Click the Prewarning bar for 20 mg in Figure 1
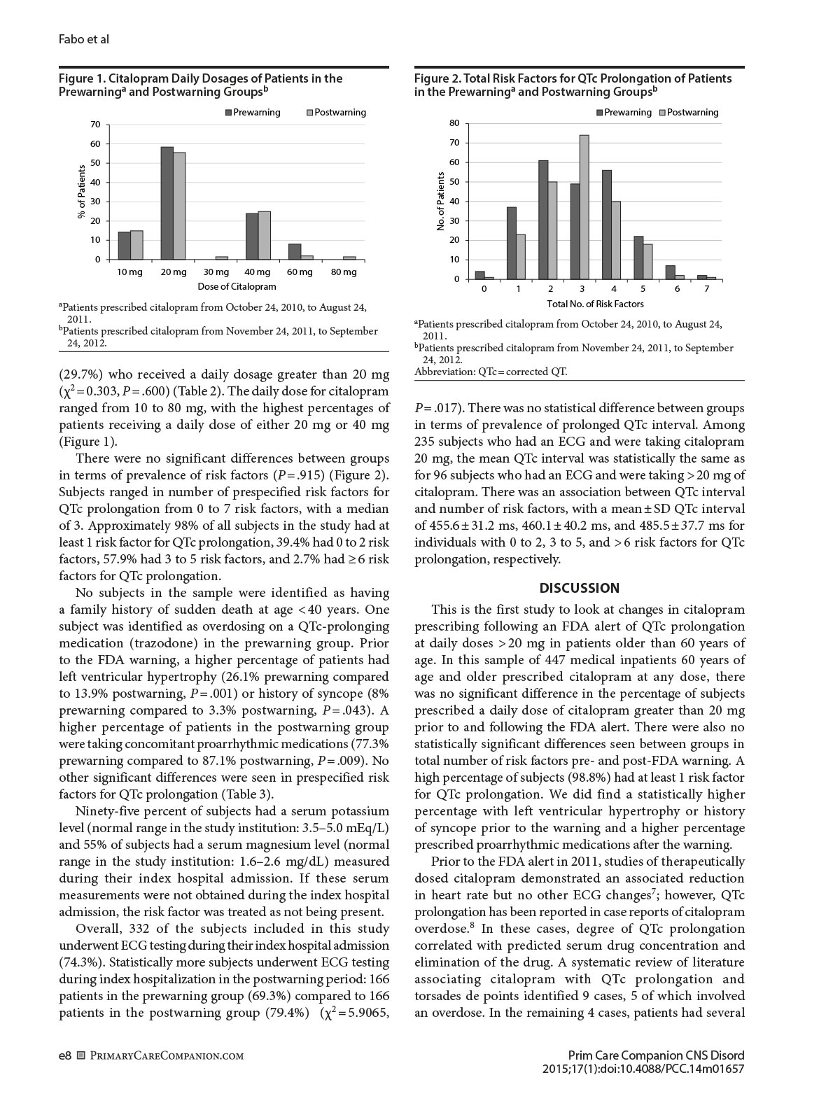pos(167,203)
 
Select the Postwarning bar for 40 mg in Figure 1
pos(264,235)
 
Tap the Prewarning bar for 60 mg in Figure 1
pos(295,251)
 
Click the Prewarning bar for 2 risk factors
pos(543,220)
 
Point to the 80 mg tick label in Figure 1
pos(344,272)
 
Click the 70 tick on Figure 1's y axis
pos(95,125)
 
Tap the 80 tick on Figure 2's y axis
pos(454,123)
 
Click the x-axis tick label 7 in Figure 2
pos(707,289)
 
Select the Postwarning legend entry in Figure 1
pos(336,113)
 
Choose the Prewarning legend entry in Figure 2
pos(624,113)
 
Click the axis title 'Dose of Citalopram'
pos(237,287)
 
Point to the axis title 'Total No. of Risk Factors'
pos(595,304)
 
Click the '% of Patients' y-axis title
pos(81,192)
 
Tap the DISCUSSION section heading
pos(580,588)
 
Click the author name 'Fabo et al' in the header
pos(84,39)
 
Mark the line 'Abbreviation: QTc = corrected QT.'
pos(491,372)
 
